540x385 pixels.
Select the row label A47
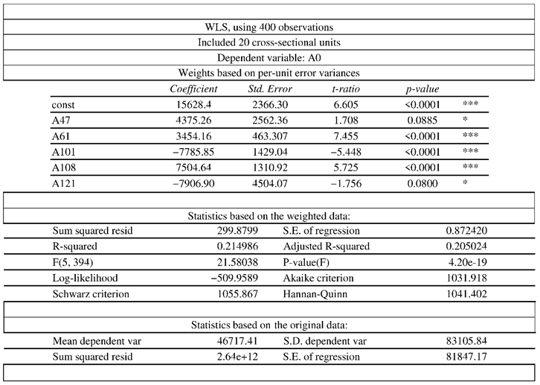[62, 121]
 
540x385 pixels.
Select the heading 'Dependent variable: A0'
[269, 58]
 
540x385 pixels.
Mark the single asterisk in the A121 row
[465, 182]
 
